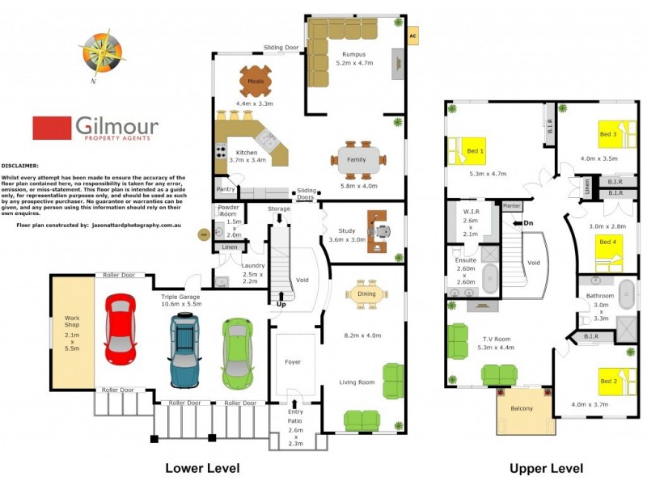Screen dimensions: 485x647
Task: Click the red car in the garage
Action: [120, 330]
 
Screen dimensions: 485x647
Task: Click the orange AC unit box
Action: [412, 36]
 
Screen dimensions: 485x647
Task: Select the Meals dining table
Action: [256, 81]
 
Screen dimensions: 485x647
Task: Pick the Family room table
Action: [357, 158]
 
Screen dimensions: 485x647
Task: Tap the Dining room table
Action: [366, 294]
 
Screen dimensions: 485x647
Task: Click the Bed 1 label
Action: [476, 151]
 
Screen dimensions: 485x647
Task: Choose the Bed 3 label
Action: [608, 134]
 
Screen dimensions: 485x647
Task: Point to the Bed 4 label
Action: [607, 241]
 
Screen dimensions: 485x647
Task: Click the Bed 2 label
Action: [608, 380]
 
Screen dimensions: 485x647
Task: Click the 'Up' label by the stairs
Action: [281, 305]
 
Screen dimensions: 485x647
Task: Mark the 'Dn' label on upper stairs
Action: [528, 223]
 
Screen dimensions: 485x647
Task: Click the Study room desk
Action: [378, 229]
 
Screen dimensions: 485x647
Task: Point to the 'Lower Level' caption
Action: [202, 468]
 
